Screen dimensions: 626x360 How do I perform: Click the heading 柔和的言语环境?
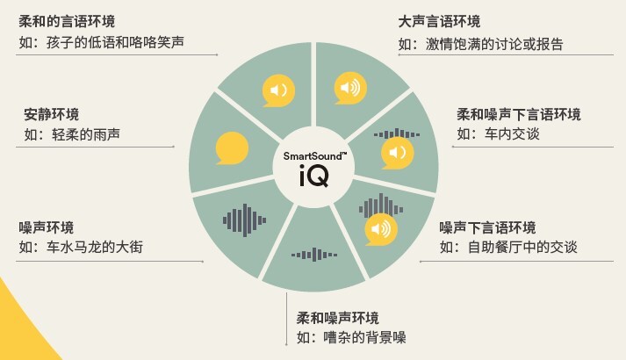(x=67, y=21)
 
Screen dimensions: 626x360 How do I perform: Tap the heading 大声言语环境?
(x=439, y=22)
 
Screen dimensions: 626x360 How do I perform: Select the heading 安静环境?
(x=52, y=114)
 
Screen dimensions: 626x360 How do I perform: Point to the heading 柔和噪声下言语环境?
(x=519, y=114)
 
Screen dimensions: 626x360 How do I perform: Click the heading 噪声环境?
(x=47, y=227)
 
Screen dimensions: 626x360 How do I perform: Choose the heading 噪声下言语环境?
(x=487, y=227)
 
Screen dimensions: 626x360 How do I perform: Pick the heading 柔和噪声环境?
(x=337, y=318)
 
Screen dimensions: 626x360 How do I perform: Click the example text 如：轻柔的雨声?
(x=72, y=134)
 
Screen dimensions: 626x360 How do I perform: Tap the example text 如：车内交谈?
(x=498, y=133)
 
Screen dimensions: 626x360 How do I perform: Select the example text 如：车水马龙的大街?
(x=81, y=247)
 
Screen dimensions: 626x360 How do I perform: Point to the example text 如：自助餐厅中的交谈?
(x=508, y=247)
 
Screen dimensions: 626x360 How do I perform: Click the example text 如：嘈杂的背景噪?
(x=351, y=338)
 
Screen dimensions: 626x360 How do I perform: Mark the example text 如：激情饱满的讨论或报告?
(x=480, y=44)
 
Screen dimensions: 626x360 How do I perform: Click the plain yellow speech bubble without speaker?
(x=232, y=148)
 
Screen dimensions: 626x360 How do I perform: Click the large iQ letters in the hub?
(x=314, y=176)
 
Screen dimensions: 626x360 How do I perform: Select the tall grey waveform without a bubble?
(x=244, y=220)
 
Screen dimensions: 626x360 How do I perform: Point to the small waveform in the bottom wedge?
(x=314, y=255)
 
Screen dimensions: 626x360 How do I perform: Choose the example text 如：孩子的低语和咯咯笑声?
(x=101, y=42)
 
